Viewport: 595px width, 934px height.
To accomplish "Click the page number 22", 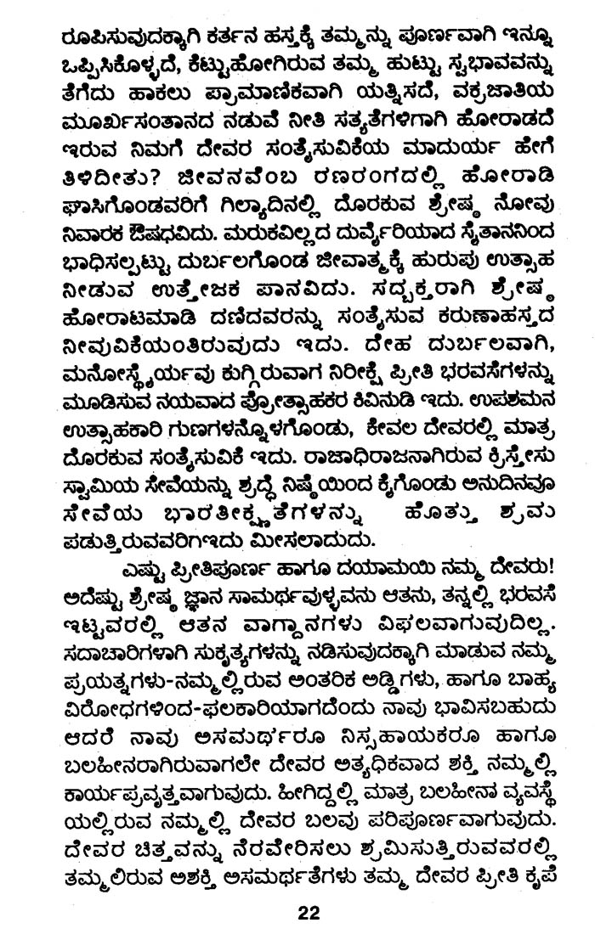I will (x=307, y=914).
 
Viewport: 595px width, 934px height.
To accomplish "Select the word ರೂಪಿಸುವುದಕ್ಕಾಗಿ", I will (x=127, y=42).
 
